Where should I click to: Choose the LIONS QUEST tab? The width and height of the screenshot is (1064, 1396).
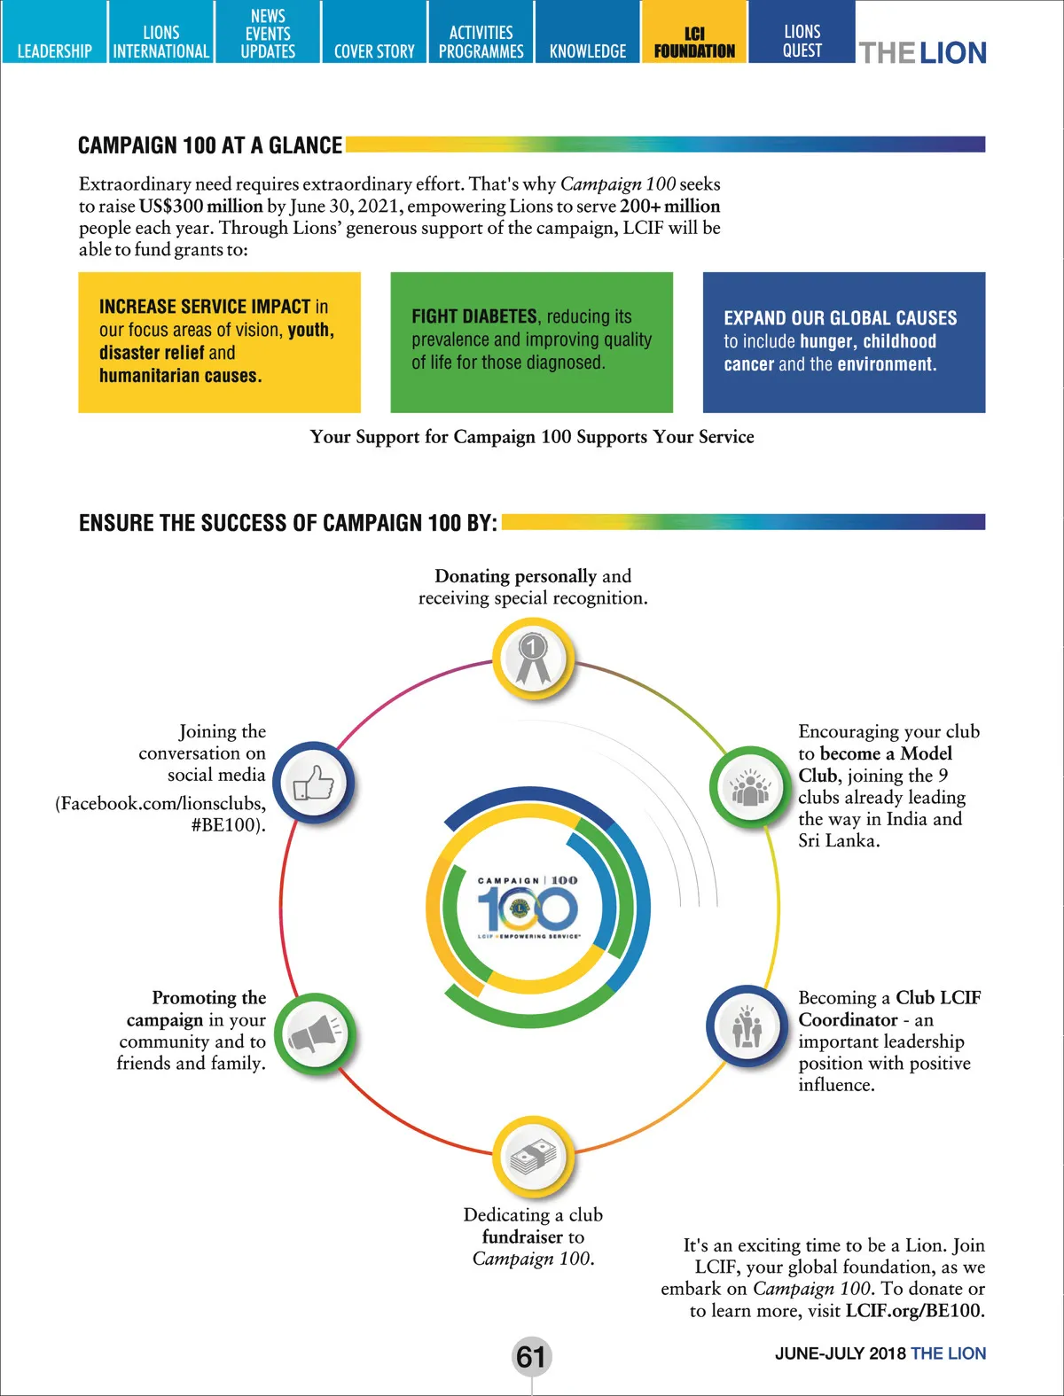tap(802, 41)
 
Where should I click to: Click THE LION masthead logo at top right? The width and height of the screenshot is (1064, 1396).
tap(922, 53)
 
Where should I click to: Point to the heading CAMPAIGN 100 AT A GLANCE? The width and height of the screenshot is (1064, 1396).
tap(210, 145)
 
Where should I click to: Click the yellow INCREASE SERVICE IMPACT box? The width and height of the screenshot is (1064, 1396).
tap(219, 342)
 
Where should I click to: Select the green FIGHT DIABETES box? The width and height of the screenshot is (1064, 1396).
tap(531, 342)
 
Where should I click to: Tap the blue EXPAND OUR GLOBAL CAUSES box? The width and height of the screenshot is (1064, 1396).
tap(843, 342)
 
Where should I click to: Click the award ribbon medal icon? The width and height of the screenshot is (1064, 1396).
tap(533, 659)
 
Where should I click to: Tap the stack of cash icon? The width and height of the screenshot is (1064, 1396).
tap(533, 1157)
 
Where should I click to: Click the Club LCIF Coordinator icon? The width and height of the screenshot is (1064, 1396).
tap(747, 1028)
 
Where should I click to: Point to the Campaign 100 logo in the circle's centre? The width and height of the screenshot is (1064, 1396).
tap(528, 907)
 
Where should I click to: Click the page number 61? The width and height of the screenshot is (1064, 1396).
tap(531, 1356)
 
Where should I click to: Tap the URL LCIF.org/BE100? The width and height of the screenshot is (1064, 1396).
tap(915, 1310)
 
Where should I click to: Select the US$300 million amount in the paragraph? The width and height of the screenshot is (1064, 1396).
tap(200, 207)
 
